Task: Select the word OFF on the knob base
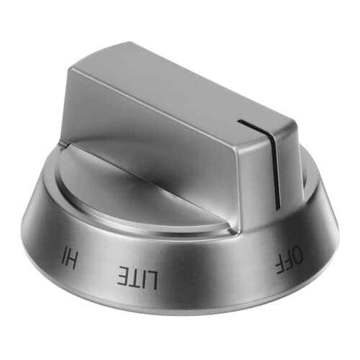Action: click(x=289, y=261)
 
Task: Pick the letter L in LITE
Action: click(x=153, y=278)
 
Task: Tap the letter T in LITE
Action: click(x=135, y=277)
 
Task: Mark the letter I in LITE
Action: click(x=144, y=278)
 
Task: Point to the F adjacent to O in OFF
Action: click(x=289, y=261)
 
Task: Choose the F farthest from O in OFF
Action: click(x=281, y=267)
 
